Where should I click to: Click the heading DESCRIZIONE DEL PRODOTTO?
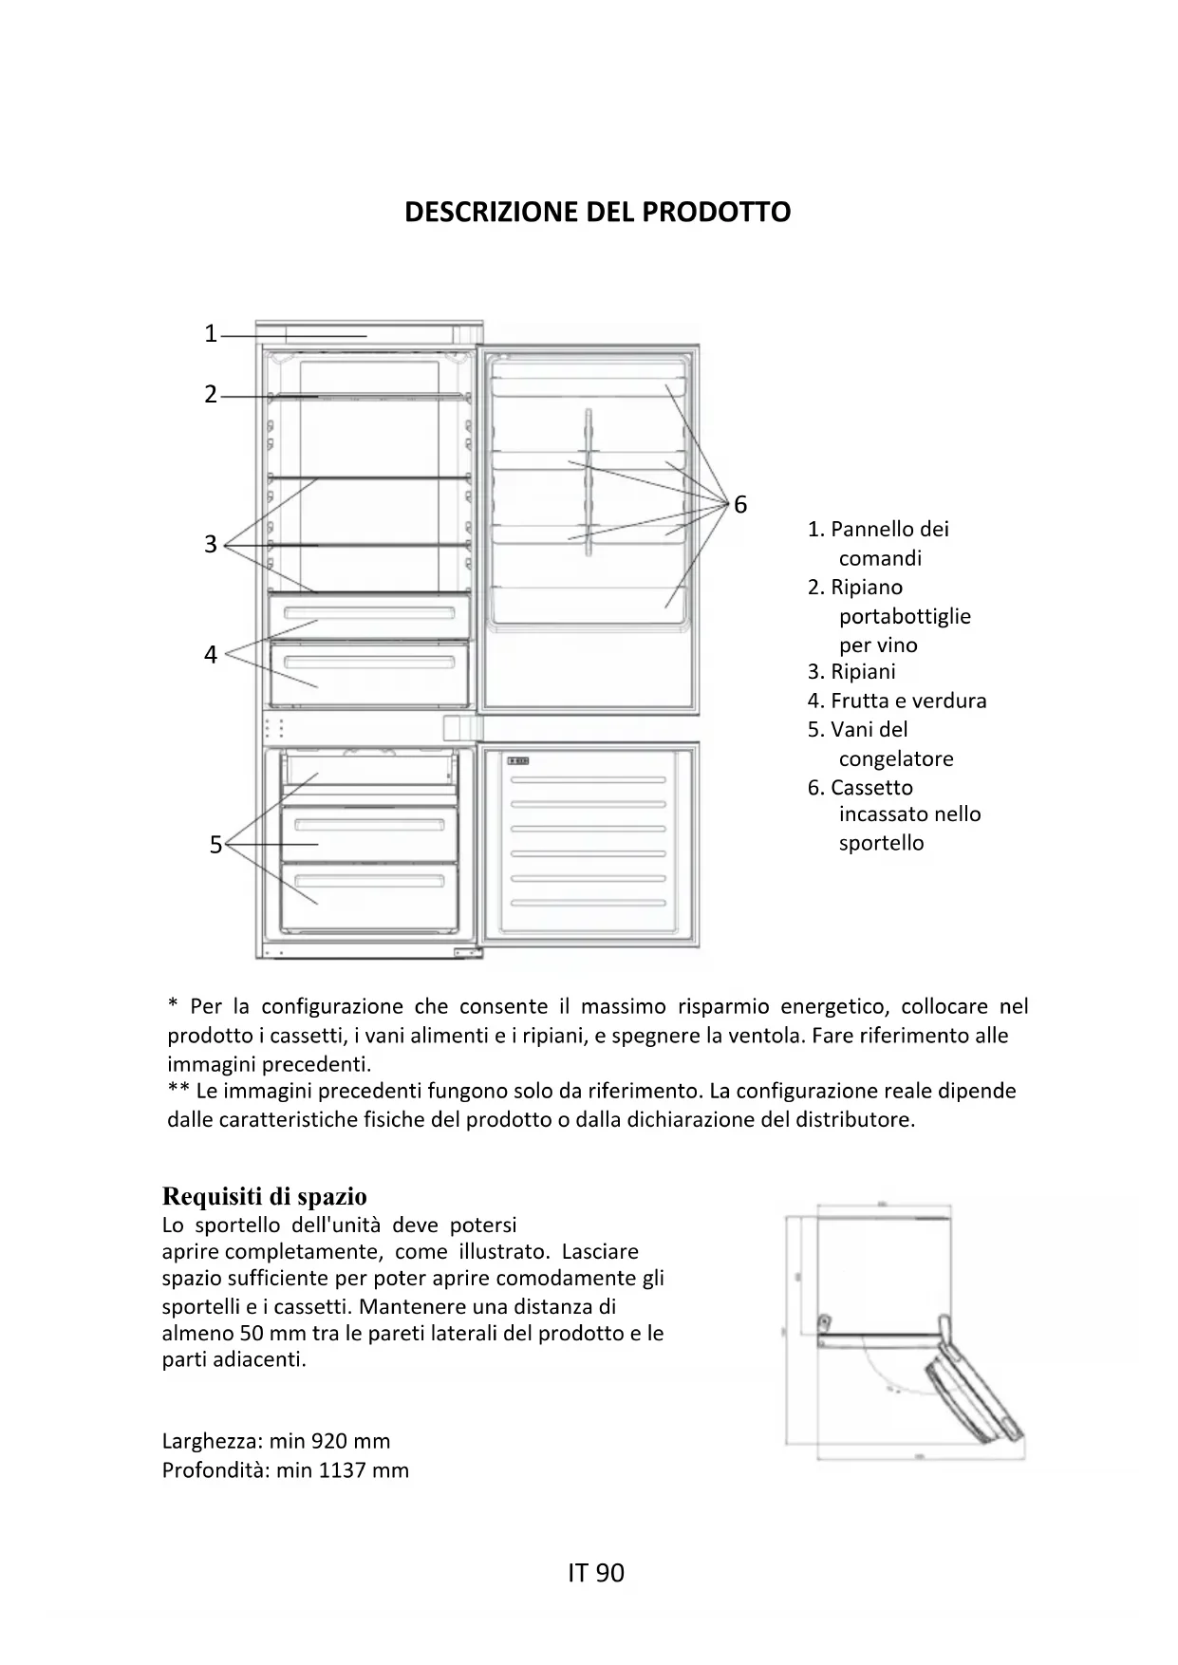[x=597, y=212]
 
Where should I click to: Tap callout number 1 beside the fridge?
[x=211, y=334]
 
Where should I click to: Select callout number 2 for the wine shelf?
[x=211, y=395]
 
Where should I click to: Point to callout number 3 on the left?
[x=211, y=545]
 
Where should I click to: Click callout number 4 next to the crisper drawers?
[x=211, y=655]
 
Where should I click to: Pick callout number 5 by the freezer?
[x=215, y=845]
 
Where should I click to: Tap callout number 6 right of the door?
[x=740, y=505]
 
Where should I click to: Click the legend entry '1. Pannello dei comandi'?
[x=878, y=543]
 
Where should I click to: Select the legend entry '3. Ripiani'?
[x=851, y=672]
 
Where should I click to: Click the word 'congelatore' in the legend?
[x=896, y=758]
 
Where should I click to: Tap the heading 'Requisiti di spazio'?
[x=265, y=1196]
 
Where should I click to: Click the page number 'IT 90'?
[x=596, y=1573]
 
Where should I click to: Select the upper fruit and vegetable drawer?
[x=369, y=617]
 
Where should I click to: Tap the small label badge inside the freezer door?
[x=518, y=761]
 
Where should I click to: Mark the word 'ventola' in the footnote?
[x=762, y=1035]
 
